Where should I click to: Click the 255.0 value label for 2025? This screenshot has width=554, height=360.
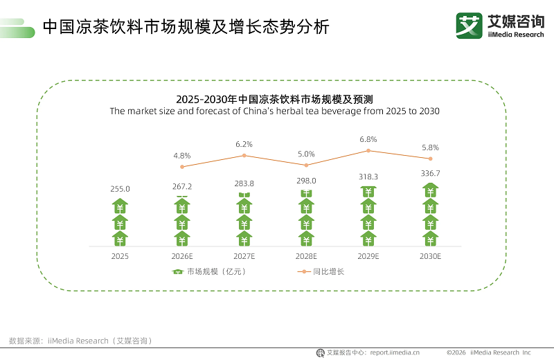click(x=120, y=188)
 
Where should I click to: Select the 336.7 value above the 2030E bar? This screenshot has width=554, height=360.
click(x=431, y=173)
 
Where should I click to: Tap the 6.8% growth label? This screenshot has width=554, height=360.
click(x=368, y=139)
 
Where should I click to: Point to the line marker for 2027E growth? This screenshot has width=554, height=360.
click(x=244, y=156)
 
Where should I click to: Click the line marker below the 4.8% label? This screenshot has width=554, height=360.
click(x=182, y=167)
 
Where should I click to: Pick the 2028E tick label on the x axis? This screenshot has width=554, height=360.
click(x=306, y=256)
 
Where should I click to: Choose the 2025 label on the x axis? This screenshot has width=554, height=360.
click(x=120, y=256)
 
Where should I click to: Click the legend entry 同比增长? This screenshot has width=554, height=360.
click(x=328, y=272)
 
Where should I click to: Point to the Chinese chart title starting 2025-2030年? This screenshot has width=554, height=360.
click(x=274, y=99)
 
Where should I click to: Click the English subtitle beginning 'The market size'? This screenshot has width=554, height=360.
click(x=274, y=111)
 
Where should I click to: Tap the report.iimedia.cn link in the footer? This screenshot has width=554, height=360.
click(x=394, y=352)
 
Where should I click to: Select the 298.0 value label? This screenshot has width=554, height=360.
click(x=306, y=181)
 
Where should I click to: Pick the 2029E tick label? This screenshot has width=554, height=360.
click(x=368, y=256)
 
